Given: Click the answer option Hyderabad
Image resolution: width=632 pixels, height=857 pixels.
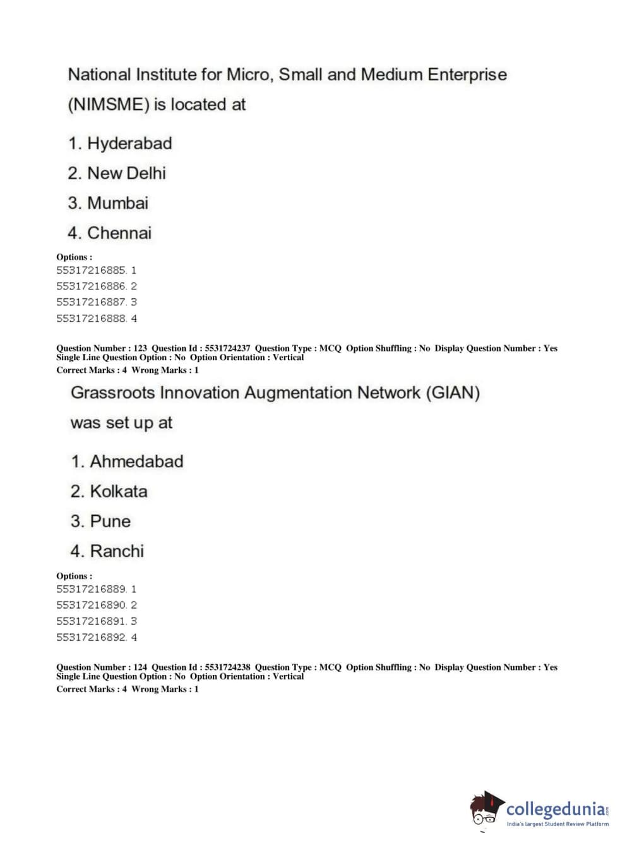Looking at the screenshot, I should tap(129, 143).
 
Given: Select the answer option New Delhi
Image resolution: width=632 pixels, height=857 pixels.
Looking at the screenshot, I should tap(126, 173).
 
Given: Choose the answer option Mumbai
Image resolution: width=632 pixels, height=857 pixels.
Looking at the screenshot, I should tap(117, 203).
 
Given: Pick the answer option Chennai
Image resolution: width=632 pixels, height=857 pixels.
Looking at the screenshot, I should tap(119, 233).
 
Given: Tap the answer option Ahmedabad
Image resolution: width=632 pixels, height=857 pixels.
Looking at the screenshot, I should tap(136, 461).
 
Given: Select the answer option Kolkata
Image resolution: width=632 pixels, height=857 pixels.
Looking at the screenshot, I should tap(118, 491).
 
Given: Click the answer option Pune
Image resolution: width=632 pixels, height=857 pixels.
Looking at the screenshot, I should tap(110, 521).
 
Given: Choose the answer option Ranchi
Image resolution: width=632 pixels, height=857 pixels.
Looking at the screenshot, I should tap(117, 551).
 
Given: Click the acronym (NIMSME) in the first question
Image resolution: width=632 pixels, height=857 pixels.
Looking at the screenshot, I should tap(108, 104).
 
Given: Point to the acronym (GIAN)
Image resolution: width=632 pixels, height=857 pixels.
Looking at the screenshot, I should tap(453, 393).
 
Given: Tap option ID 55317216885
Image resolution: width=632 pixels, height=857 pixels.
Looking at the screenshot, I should tap(92, 270).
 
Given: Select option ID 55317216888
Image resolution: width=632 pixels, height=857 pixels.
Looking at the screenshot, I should tap(92, 319).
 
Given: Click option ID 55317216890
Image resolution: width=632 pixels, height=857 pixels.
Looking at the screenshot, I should tap(92, 605).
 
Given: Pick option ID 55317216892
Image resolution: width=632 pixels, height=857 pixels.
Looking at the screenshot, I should tap(92, 637).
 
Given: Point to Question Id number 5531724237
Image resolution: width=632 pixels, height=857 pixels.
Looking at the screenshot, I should tap(227, 348).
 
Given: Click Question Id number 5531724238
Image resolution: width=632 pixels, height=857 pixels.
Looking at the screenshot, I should tap(227, 667).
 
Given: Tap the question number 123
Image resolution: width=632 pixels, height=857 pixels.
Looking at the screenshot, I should tap(140, 348).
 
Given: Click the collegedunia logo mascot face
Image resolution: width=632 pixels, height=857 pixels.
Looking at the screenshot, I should tap(485, 810).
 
